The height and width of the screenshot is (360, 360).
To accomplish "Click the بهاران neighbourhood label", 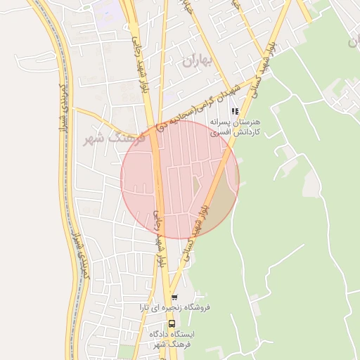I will point(196,61).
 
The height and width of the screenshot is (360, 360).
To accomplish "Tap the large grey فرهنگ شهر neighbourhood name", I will point(114,137).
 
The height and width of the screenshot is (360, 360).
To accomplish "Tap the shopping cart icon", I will point(174,298).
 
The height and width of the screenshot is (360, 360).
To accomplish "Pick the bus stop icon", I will point(172,325).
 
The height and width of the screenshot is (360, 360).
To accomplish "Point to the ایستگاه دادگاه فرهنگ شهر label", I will point(173,340).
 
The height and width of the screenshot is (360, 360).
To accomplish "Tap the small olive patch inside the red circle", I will point(196,187).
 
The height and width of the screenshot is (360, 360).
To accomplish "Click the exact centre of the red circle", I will point(180,179).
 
